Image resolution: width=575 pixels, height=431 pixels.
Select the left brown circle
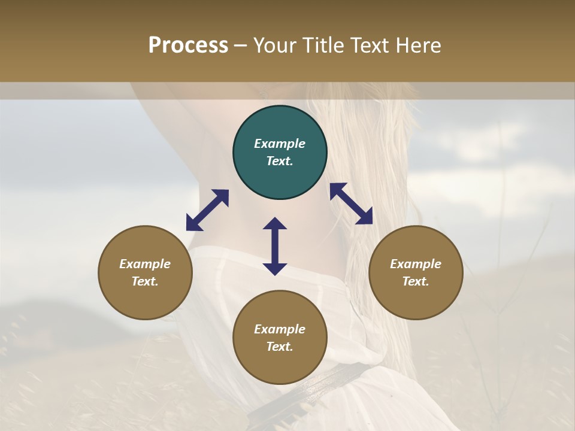[145, 272]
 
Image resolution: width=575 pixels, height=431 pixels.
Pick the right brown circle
[416, 272]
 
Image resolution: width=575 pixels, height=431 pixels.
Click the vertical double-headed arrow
[275, 246]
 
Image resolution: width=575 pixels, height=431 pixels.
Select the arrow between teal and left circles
[207, 210]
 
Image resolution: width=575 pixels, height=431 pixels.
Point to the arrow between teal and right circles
[352, 204]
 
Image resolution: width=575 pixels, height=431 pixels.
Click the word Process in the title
[188, 45]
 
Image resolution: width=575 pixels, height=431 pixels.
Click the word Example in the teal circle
[280, 144]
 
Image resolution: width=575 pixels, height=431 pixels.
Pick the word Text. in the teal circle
[280, 161]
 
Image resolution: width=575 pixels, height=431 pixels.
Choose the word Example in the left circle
[145, 264]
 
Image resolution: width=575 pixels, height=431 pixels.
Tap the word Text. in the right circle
[416, 281]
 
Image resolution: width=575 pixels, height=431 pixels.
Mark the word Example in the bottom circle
[280, 329]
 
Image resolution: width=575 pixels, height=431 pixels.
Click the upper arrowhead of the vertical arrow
[275, 224]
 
